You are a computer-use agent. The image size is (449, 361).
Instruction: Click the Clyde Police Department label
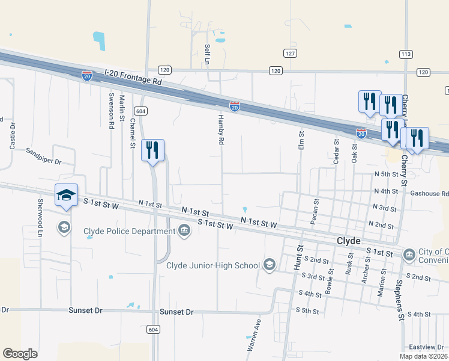pos(128,232)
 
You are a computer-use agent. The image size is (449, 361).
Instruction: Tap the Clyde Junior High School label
pos(212,265)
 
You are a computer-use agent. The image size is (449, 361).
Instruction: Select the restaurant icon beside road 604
pos(152,150)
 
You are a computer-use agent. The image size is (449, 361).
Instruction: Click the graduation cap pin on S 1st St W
pos(66,196)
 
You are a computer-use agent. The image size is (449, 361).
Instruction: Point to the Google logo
pos(20,353)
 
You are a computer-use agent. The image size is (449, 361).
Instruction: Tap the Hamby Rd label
pos(221,129)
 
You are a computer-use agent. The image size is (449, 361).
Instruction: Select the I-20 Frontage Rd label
pos(133,77)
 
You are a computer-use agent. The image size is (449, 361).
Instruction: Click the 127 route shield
pos(291,54)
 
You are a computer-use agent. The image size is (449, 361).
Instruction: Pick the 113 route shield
pos(406,54)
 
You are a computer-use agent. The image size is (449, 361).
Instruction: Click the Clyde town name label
pos(348,240)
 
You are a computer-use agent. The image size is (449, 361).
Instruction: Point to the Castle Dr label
pos(13,135)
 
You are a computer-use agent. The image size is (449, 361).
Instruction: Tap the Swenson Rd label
pos(111,110)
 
